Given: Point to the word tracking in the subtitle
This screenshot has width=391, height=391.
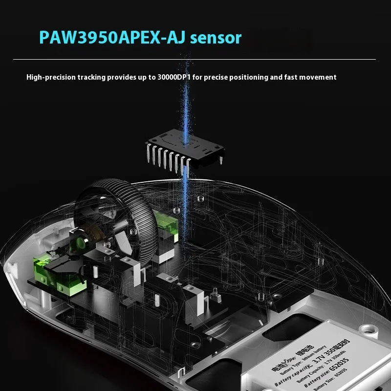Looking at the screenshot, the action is (x=93, y=77).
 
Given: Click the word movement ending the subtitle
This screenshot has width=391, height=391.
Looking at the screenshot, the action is (x=320, y=77).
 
